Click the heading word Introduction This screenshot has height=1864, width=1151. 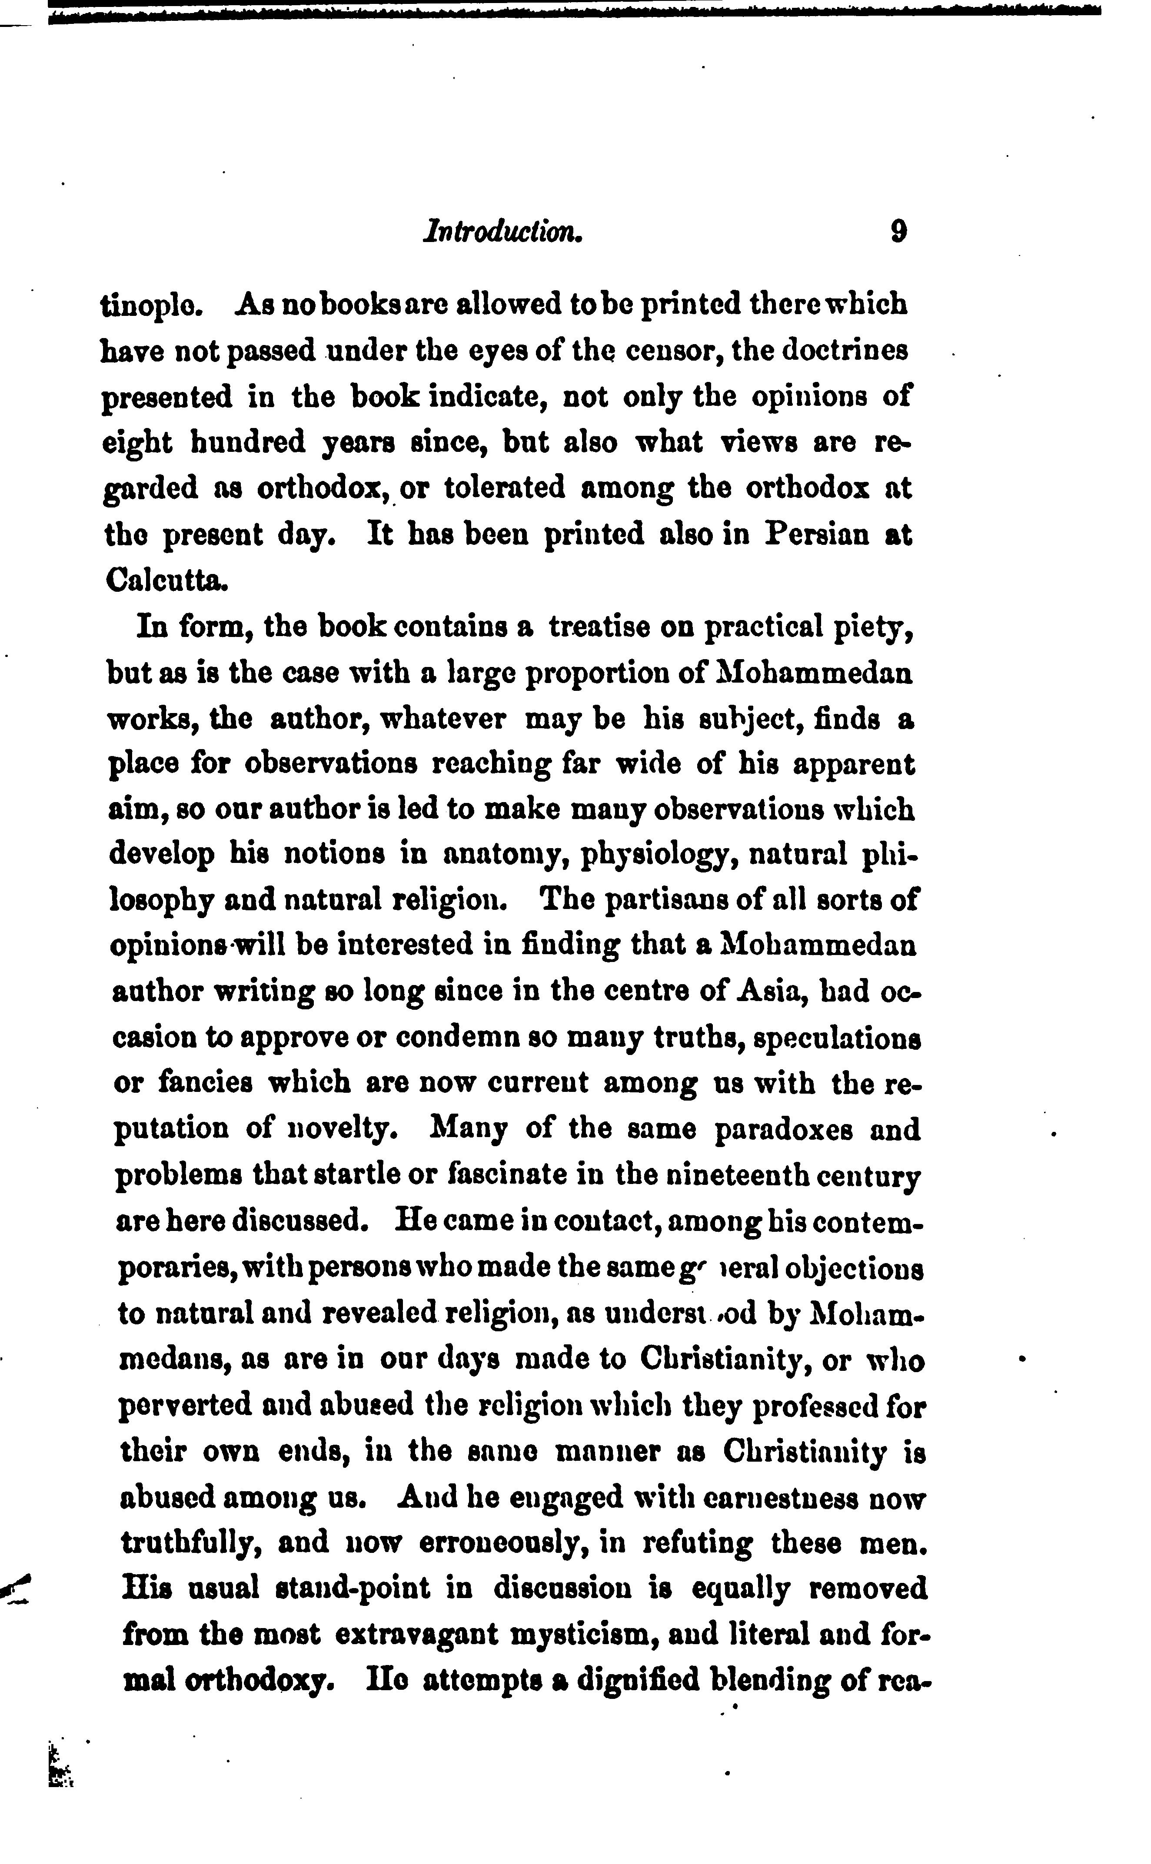pyautogui.click(x=503, y=231)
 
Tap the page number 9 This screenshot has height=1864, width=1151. pyautogui.click(x=898, y=231)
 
